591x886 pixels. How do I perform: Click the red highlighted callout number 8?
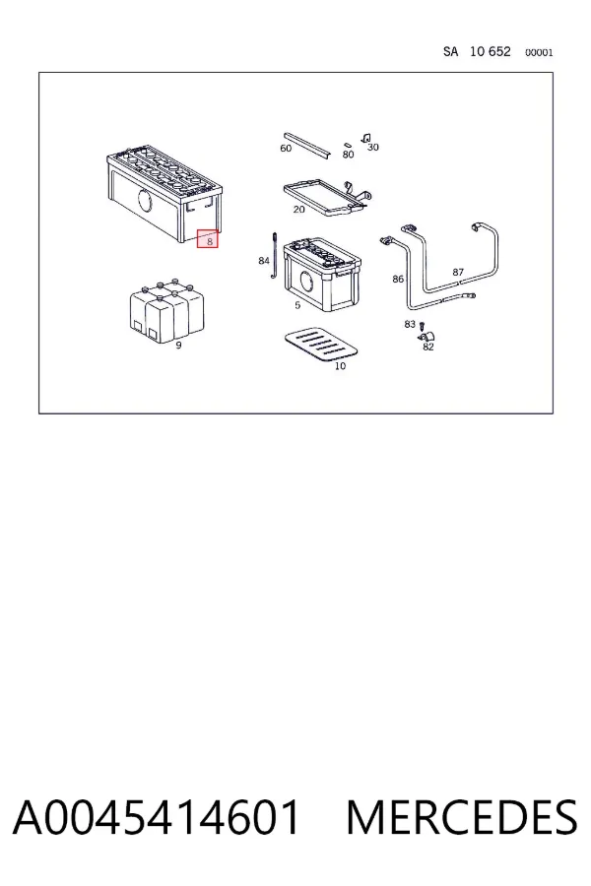point(208,238)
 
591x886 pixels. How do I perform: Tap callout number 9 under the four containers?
point(178,346)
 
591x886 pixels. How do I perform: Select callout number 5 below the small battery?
point(297,306)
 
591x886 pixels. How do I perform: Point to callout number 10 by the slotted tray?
point(340,366)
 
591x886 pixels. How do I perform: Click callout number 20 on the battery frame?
point(299,210)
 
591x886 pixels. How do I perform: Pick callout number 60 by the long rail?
point(286,148)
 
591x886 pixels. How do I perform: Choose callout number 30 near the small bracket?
point(372,148)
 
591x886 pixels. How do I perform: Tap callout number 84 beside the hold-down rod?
point(264,261)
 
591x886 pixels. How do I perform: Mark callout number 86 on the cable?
point(398,280)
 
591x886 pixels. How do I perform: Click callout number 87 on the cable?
point(458,273)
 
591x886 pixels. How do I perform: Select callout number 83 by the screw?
point(410,324)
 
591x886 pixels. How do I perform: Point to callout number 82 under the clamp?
point(428,347)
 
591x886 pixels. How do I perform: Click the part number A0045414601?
point(156,817)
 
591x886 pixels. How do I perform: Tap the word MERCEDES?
point(462,817)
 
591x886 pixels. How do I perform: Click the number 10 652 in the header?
point(491,51)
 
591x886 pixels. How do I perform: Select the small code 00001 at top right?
point(539,52)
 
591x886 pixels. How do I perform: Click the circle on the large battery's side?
point(145,201)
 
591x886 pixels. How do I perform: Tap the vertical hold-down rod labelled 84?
point(274,254)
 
